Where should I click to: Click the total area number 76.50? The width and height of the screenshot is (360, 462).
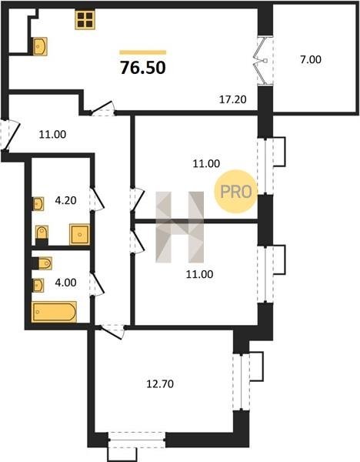(x=143, y=68)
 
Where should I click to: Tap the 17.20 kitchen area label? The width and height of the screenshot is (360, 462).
(x=233, y=99)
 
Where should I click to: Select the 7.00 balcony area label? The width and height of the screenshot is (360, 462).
(x=311, y=59)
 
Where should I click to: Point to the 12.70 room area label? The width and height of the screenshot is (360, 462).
(x=160, y=384)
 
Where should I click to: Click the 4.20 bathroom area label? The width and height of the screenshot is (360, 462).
(x=65, y=200)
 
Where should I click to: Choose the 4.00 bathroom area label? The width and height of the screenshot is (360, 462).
(x=65, y=283)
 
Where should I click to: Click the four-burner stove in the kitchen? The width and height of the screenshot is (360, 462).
(x=85, y=20)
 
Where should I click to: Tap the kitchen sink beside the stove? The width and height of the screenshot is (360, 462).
(x=39, y=46)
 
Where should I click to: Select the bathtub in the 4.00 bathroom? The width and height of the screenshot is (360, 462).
(x=55, y=312)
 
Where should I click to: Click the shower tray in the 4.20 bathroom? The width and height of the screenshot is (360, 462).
(x=79, y=234)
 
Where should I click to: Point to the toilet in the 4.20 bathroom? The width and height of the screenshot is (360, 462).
(x=42, y=233)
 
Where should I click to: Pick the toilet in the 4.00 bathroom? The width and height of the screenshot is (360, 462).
(x=45, y=263)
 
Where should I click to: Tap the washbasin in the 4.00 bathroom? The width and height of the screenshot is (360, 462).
(x=38, y=285)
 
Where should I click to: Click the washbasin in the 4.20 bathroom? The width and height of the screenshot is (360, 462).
(x=38, y=203)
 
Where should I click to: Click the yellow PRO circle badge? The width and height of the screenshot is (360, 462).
(x=236, y=192)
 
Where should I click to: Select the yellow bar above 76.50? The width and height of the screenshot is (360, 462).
(x=143, y=52)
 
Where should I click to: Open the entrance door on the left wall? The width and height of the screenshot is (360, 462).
(x=11, y=136)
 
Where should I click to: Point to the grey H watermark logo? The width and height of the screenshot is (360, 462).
(x=179, y=227)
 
